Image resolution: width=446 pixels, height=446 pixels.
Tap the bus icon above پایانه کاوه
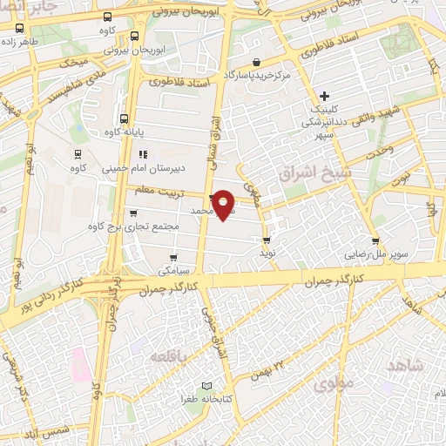pyautogui.click(x=123, y=118)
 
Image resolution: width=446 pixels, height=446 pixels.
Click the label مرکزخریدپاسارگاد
pyautogui.click(x=256, y=76)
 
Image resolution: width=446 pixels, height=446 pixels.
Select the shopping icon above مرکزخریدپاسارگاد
pyautogui.click(x=256, y=62)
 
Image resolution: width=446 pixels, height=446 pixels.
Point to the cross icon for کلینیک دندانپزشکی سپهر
pyautogui.click(x=324, y=95)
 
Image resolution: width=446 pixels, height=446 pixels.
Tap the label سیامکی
pyautogui.click(x=175, y=271)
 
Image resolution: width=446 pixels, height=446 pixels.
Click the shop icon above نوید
pyautogui.click(x=267, y=240)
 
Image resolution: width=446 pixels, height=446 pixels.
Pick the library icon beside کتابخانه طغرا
pyautogui.click(x=206, y=385)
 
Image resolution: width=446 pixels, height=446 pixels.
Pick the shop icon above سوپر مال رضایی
pyautogui.click(x=375, y=240)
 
